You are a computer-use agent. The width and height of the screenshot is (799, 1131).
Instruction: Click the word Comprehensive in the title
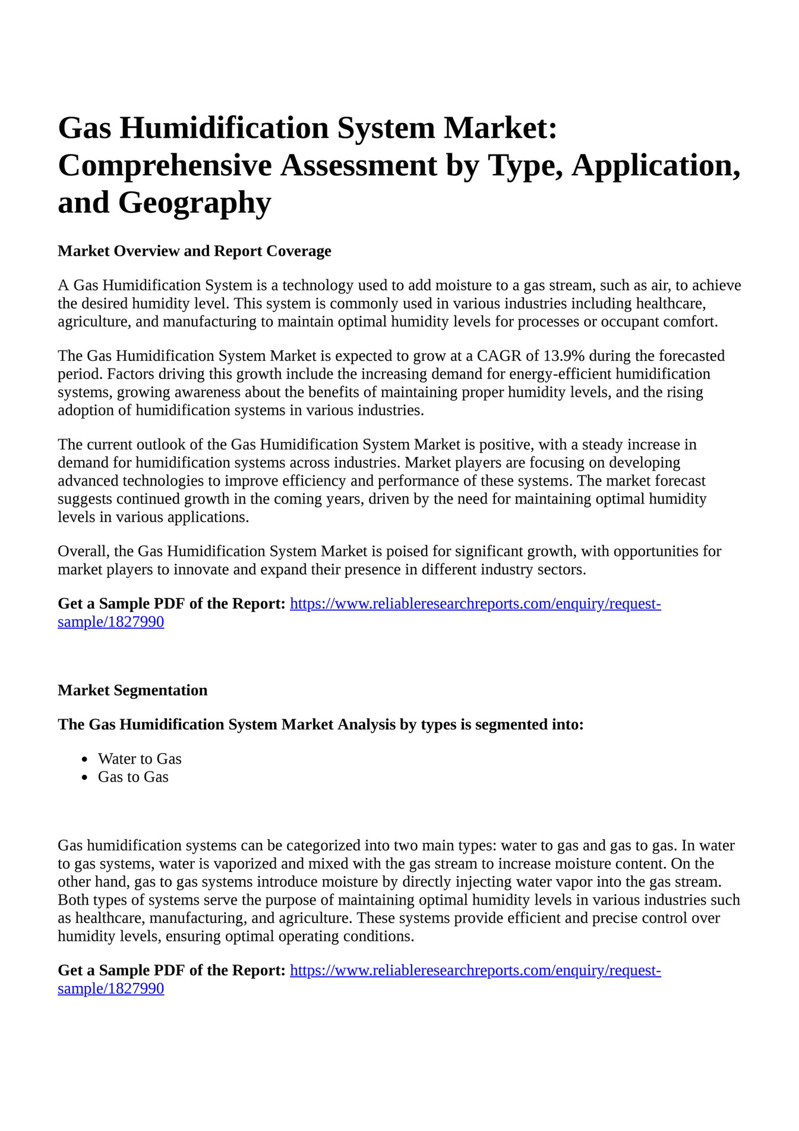pos(165,165)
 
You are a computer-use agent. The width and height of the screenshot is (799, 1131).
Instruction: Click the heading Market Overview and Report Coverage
pos(194,251)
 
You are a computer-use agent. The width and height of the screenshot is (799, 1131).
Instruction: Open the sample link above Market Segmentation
pos(475,604)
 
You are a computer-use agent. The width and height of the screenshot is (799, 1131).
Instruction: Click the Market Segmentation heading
pos(132,691)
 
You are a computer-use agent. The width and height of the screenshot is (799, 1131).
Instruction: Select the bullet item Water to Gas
pos(140,759)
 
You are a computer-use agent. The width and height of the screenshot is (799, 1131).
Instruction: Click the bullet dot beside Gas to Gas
pos(86,777)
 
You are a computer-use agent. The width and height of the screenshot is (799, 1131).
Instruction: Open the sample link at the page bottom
pos(475,971)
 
